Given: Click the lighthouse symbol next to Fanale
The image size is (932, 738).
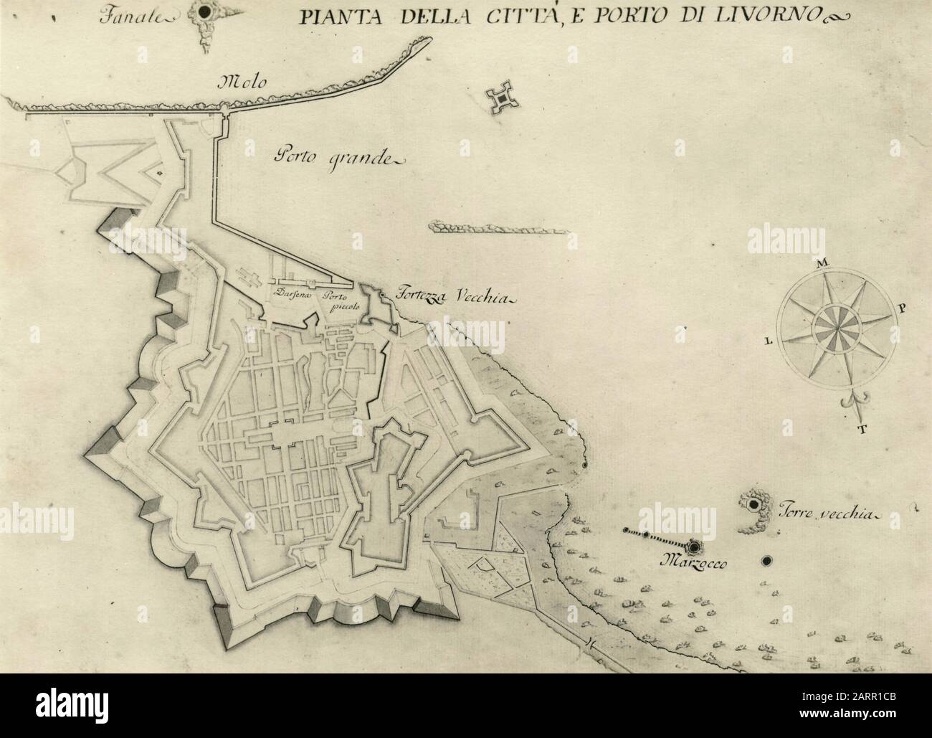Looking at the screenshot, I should (206, 12).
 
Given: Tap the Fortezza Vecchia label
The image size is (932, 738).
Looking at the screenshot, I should (443, 296).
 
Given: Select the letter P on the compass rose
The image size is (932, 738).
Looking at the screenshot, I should (901, 309).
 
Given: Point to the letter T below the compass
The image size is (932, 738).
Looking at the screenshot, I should (863, 430).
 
